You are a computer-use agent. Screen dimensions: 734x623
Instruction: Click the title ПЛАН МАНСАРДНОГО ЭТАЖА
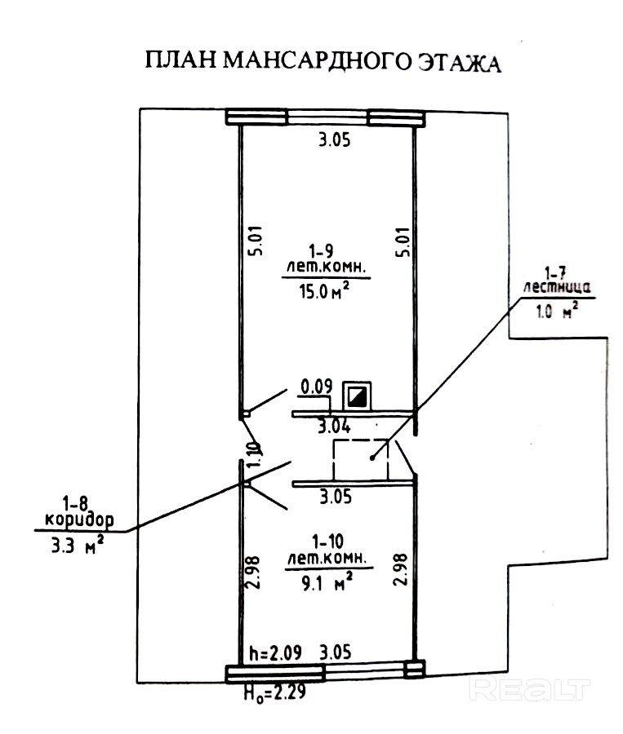[x=321, y=63]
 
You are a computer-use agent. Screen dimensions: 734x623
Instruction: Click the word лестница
[x=552, y=286]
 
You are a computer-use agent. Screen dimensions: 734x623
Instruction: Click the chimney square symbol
[x=357, y=396]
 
